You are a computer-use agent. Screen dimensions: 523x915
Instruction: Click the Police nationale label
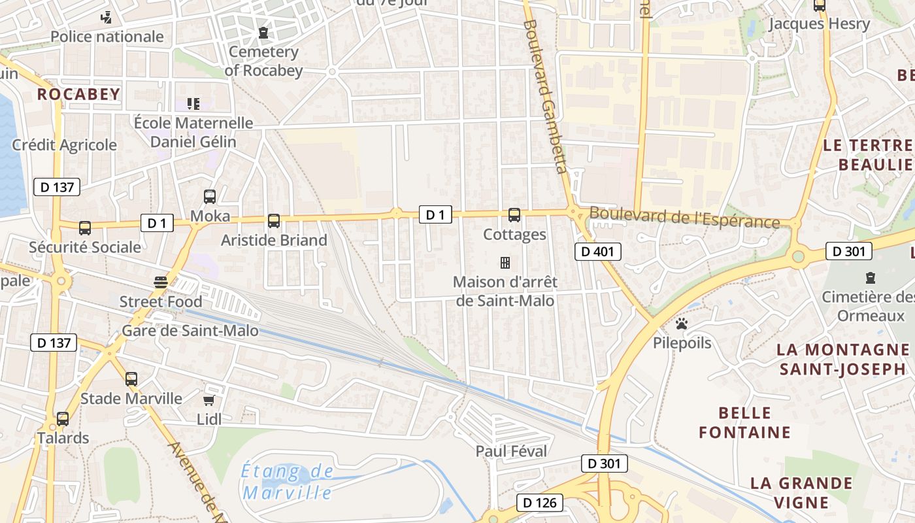107,37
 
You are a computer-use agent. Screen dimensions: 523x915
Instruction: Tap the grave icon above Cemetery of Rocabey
263,31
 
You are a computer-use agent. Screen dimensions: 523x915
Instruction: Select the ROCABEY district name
78,94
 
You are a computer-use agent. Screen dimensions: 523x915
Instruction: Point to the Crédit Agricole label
64,145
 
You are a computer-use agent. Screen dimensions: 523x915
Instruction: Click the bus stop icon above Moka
210,196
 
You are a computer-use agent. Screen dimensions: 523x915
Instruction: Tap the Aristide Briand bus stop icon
274,221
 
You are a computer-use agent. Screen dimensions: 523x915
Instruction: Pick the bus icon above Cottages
514,214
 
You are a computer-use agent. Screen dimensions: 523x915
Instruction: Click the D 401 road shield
597,252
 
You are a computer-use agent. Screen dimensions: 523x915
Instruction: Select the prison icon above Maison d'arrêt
505,263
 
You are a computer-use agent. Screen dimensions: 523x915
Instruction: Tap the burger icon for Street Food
161,282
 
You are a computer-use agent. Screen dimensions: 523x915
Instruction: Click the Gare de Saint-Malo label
190,331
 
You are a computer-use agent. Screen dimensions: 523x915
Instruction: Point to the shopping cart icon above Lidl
209,400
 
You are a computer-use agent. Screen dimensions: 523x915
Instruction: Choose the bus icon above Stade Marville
131,379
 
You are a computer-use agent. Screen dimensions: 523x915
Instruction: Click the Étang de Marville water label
287,482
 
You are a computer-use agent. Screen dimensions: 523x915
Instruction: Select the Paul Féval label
511,451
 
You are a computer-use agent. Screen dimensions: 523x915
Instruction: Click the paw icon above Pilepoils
682,324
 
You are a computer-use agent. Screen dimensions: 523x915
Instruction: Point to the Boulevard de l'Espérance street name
684,217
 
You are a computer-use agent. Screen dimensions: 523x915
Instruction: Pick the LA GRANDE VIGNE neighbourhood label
801,493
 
